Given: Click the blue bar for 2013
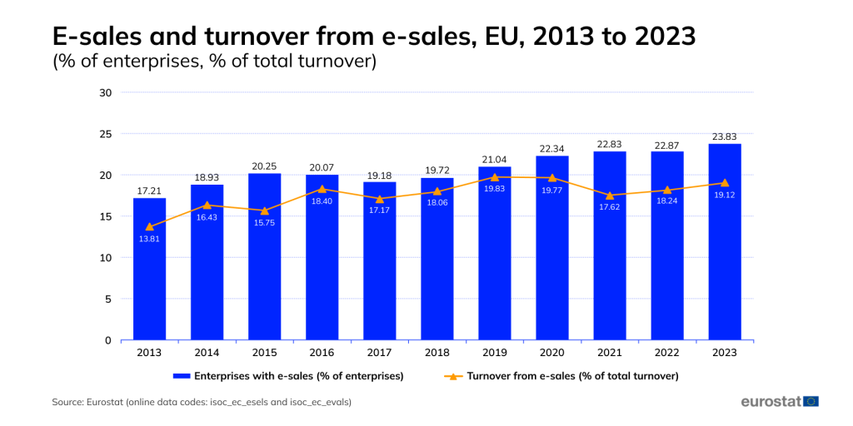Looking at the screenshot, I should [x=149, y=275].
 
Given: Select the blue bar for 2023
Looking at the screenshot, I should [x=725, y=250].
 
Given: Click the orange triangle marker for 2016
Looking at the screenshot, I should [x=322, y=189].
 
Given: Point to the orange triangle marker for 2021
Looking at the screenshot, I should [x=610, y=196].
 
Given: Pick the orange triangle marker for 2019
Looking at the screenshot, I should [x=495, y=177].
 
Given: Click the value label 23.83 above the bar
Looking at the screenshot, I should [x=725, y=136].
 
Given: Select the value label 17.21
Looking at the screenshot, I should [x=149, y=191].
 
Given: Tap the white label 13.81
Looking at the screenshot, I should [x=149, y=240].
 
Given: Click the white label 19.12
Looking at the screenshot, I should [x=725, y=196].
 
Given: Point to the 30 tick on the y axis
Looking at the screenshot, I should [x=106, y=92].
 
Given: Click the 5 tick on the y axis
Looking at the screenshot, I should [x=108, y=299].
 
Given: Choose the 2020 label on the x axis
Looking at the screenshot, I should [x=552, y=353].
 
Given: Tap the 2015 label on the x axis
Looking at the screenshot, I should [x=264, y=353].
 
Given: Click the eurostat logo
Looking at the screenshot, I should [x=780, y=401].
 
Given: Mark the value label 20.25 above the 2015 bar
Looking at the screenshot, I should [x=264, y=166].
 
